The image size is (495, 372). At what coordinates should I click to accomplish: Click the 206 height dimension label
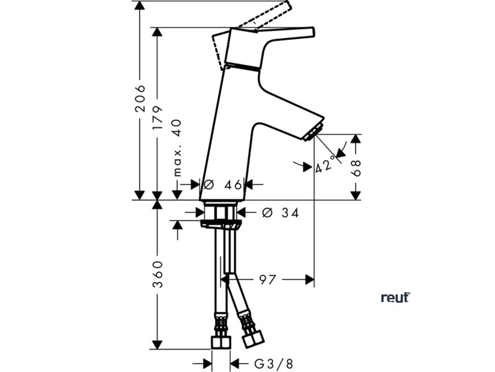pyautogui.click(x=140, y=98)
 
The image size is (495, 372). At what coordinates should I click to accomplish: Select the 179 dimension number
pyautogui.click(x=157, y=118)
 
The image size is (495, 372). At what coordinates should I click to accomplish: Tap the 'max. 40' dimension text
pyautogui.click(x=177, y=147)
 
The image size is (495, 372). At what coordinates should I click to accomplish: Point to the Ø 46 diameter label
pyautogui.click(x=223, y=184)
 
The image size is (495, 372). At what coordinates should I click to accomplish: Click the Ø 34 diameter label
pyautogui.click(x=279, y=212)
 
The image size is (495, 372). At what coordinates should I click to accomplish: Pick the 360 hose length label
pyautogui.click(x=157, y=274)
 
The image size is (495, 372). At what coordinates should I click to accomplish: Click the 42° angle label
pyautogui.click(x=324, y=165)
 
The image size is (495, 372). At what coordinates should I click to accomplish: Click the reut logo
pyautogui.click(x=395, y=297)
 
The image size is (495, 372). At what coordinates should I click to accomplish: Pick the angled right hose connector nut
pyautogui.click(x=252, y=338)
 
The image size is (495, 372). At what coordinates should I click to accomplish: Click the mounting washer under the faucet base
pyautogui.click(x=221, y=224)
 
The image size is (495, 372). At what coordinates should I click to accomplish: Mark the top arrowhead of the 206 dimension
pyautogui.click(x=140, y=6)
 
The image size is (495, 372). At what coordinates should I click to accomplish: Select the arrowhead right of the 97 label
pyautogui.click(x=309, y=279)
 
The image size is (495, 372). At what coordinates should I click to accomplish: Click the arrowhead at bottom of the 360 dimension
pyautogui.click(x=157, y=344)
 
